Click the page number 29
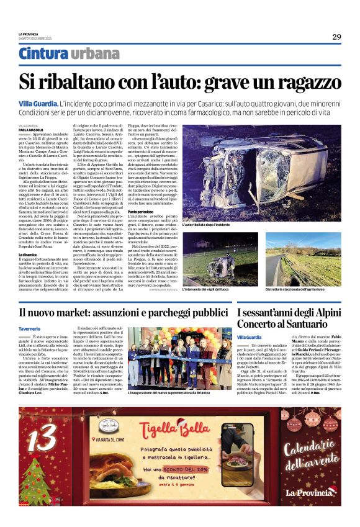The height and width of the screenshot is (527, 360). (x=336, y=37)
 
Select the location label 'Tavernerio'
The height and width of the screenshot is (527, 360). (x=30, y=329)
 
